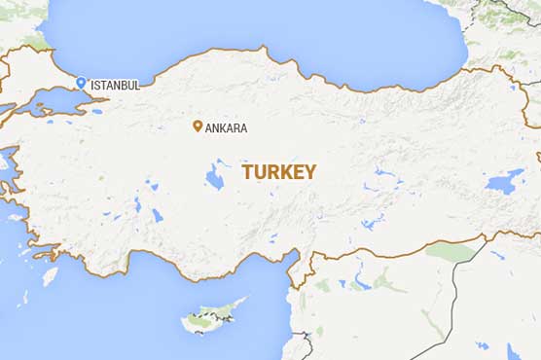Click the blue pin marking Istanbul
(x=82, y=83)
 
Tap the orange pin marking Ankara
(x=198, y=126)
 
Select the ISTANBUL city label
(x=115, y=86)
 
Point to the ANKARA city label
(x=226, y=127)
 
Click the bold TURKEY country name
(x=279, y=172)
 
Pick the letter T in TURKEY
(x=247, y=172)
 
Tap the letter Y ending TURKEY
(x=310, y=172)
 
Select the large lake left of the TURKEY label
(x=214, y=177)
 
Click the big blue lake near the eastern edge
(x=504, y=181)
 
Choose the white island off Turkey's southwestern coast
(x=50, y=275)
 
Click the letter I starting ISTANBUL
(x=91, y=86)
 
